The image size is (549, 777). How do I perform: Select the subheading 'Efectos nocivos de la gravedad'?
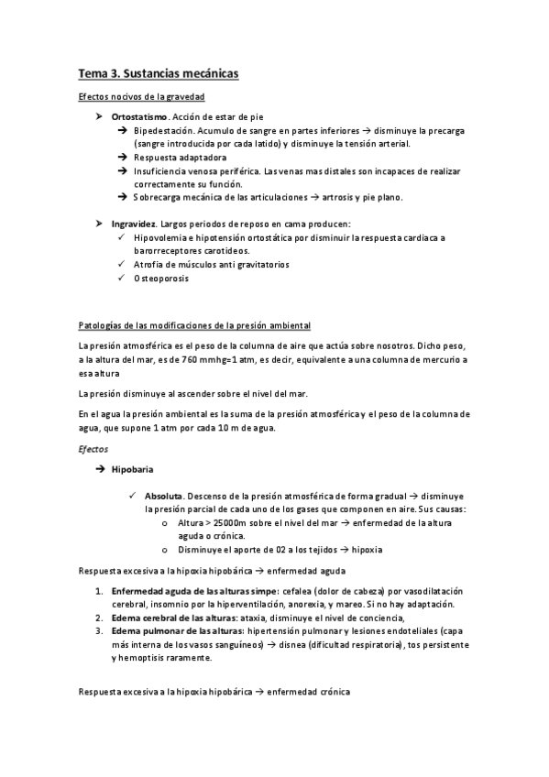[141, 97]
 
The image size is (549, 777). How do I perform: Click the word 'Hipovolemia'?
[161, 238]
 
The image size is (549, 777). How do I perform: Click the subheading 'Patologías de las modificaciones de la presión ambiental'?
[195, 325]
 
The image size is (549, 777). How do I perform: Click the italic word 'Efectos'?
[93, 450]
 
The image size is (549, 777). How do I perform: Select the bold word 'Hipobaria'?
[132, 469]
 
